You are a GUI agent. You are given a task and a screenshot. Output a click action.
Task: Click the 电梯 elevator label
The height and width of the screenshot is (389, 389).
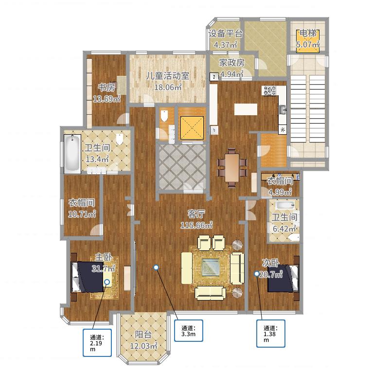click(308, 33)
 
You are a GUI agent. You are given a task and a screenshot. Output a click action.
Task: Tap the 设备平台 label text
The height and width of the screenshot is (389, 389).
click(225, 34)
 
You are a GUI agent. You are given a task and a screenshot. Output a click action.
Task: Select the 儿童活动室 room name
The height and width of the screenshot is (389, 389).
click(167, 76)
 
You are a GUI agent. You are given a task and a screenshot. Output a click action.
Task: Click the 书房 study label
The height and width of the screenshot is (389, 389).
click(106, 88)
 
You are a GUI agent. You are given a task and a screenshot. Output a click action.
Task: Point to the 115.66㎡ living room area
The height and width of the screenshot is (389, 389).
click(196, 225)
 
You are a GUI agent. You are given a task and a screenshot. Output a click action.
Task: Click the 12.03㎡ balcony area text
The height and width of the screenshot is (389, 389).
click(143, 346)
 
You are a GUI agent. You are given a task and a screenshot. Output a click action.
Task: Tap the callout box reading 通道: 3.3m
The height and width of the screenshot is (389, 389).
click(189, 331)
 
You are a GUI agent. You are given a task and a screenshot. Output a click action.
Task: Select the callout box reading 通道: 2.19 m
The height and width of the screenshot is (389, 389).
click(97, 343)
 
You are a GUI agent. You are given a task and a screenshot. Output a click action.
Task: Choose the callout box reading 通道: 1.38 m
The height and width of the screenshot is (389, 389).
click(271, 334)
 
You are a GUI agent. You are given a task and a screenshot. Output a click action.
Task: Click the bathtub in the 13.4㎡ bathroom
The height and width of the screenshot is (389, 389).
click(72, 154)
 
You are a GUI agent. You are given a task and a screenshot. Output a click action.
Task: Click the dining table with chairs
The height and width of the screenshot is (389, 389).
click(232, 168)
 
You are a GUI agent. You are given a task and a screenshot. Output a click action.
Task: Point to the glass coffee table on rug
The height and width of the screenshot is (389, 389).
click(211, 267)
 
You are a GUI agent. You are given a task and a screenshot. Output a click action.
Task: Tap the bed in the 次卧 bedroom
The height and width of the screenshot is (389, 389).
click(283, 278)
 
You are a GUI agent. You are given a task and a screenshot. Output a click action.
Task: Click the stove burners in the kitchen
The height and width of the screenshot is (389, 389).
click(270, 90)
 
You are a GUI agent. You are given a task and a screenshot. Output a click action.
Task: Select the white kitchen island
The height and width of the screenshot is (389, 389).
click(246, 109)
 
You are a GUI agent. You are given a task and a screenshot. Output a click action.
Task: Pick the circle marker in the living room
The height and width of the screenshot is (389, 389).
click(156, 267)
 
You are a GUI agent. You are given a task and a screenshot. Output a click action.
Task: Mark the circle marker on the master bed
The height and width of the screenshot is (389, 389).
click(107, 282)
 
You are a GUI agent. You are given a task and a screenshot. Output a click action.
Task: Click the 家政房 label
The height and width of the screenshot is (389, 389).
click(232, 63)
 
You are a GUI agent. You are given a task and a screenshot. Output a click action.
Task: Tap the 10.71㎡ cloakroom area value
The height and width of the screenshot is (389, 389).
click(82, 214)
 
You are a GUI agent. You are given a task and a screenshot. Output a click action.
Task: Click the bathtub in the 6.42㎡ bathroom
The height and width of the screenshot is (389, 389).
click(285, 205)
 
